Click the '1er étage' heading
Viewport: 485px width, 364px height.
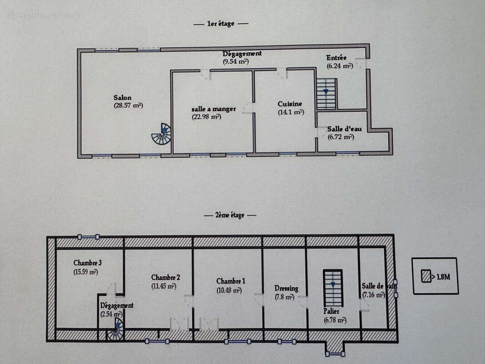pyautogui.click(x=221, y=23)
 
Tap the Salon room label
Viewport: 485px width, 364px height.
pyautogui.click(x=122, y=97)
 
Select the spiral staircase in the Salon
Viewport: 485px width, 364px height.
pyautogui.click(x=162, y=134)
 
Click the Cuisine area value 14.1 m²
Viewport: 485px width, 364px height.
pyautogui.click(x=291, y=112)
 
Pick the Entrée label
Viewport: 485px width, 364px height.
pyautogui.click(x=337, y=58)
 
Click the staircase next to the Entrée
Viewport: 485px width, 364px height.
pyautogui.click(x=326, y=94)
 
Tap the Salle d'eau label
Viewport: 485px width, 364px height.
pyautogui.click(x=344, y=129)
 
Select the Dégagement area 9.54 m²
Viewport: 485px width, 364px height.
pyautogui.click(x=236, y=61)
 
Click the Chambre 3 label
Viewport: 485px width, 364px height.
pyautogui.click(x=87, y=263)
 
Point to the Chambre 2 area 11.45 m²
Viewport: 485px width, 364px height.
pyautogui.click(x=164, y=286)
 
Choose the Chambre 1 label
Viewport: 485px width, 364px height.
pyautogui.click(x=229, y=281)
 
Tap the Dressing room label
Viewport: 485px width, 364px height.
pyautogui.click(x=286, y=288)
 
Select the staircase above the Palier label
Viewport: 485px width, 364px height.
pyautogui.click(x=333, y=288)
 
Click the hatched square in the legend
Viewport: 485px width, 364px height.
pyautogui.click(x=426, y=277)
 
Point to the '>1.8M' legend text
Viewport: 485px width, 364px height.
pyautogui.click(x=441, y=277)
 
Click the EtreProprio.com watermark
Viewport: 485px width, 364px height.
pyautogui.click(x=44, y=15)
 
